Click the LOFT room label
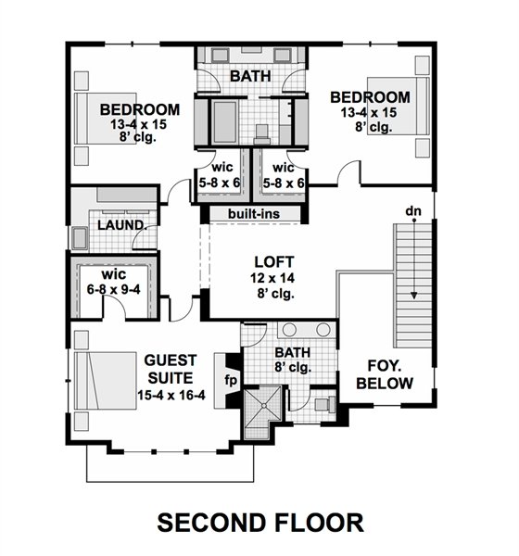tap(274, 262)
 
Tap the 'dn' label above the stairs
tap(413, 211)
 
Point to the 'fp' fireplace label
tap(231, 381)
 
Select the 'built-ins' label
tap(254, 214)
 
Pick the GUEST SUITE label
tap(171, 369)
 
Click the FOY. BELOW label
tap(385, 374)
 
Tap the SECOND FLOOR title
tap(260, 523)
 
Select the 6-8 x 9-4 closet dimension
tap(113, 290)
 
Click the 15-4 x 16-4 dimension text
tap(171, 395)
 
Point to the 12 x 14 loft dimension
tap(272, 278)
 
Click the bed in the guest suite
tap(106, 381)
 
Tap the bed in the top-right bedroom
tap(398, 106)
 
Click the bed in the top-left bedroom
tap(106, 119)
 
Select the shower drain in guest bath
tap(263, 405)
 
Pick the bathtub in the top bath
tap(225, 121)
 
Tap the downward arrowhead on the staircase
tap(413, 295)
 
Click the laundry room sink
tap(80, 238)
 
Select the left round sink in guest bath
tap(289, 330)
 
